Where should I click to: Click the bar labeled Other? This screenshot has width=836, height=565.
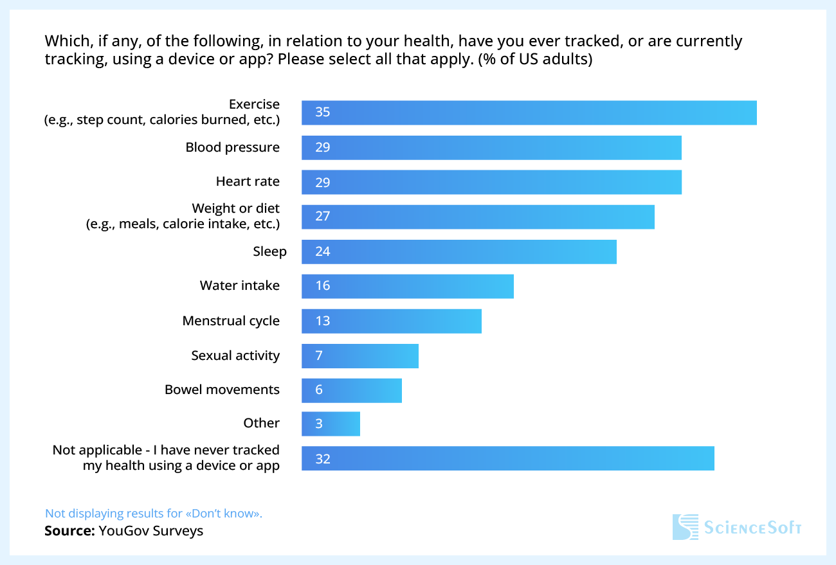331,424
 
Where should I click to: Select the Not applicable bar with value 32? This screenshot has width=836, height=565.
507,458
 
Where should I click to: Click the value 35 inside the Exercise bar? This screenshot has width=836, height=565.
322,112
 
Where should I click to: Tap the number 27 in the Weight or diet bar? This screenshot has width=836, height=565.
322,217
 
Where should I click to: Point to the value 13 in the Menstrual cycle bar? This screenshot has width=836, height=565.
322,321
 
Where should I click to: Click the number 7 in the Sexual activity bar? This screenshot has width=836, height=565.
319,355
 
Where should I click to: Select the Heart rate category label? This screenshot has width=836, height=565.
248,182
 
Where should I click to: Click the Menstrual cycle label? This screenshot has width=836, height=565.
231,321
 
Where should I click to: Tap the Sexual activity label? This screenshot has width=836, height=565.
235,355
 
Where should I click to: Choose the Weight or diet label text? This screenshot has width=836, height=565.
235,209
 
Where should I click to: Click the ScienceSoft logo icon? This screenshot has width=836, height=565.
685,526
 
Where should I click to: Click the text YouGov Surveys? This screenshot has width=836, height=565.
150,531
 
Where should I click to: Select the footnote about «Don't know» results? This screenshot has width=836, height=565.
154,514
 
